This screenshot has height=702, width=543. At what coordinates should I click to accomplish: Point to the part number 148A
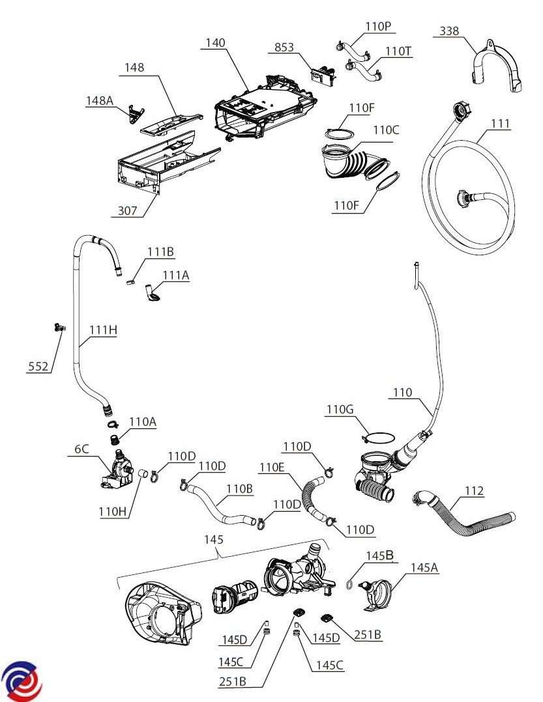click(x=100, y=100)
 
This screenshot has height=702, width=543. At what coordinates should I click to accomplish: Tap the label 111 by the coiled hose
click(x=501, y=124)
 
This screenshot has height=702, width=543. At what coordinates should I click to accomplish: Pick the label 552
click(x=38, y=367)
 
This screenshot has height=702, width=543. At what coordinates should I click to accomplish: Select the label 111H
click(x=103, y=330)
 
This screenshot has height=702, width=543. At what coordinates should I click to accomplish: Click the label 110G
click(x=340, y=409)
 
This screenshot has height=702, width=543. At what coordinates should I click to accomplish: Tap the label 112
click(x=474, y=490)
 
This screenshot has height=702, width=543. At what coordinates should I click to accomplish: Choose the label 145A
click(x=424, y=567)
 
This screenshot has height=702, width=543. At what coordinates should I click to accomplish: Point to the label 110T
click(x=398, y=50)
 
